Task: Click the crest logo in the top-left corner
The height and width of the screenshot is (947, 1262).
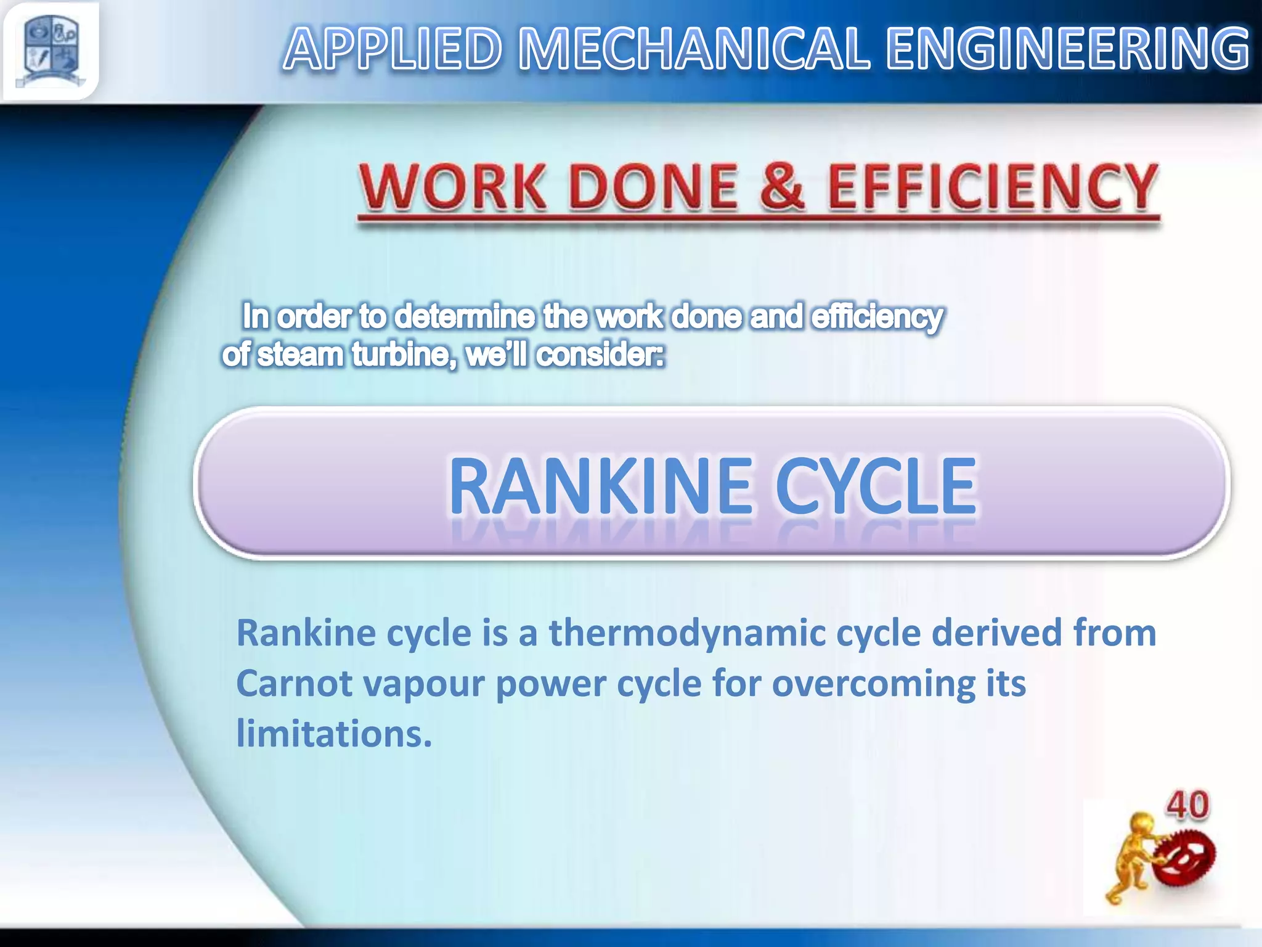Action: point(51,51)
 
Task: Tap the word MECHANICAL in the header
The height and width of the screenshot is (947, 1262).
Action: point(694,49)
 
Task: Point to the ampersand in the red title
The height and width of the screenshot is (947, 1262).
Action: point(781,186)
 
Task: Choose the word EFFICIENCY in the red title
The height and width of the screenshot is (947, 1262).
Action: point(992,187)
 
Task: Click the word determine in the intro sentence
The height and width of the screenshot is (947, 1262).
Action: point(465,317)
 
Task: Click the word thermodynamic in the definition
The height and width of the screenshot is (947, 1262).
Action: point(687,633)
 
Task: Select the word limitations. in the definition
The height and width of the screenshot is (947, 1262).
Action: point(334,734)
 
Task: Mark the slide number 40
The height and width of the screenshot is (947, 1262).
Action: point(1187,805)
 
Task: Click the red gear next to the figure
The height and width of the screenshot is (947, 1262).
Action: point(1185,857)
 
